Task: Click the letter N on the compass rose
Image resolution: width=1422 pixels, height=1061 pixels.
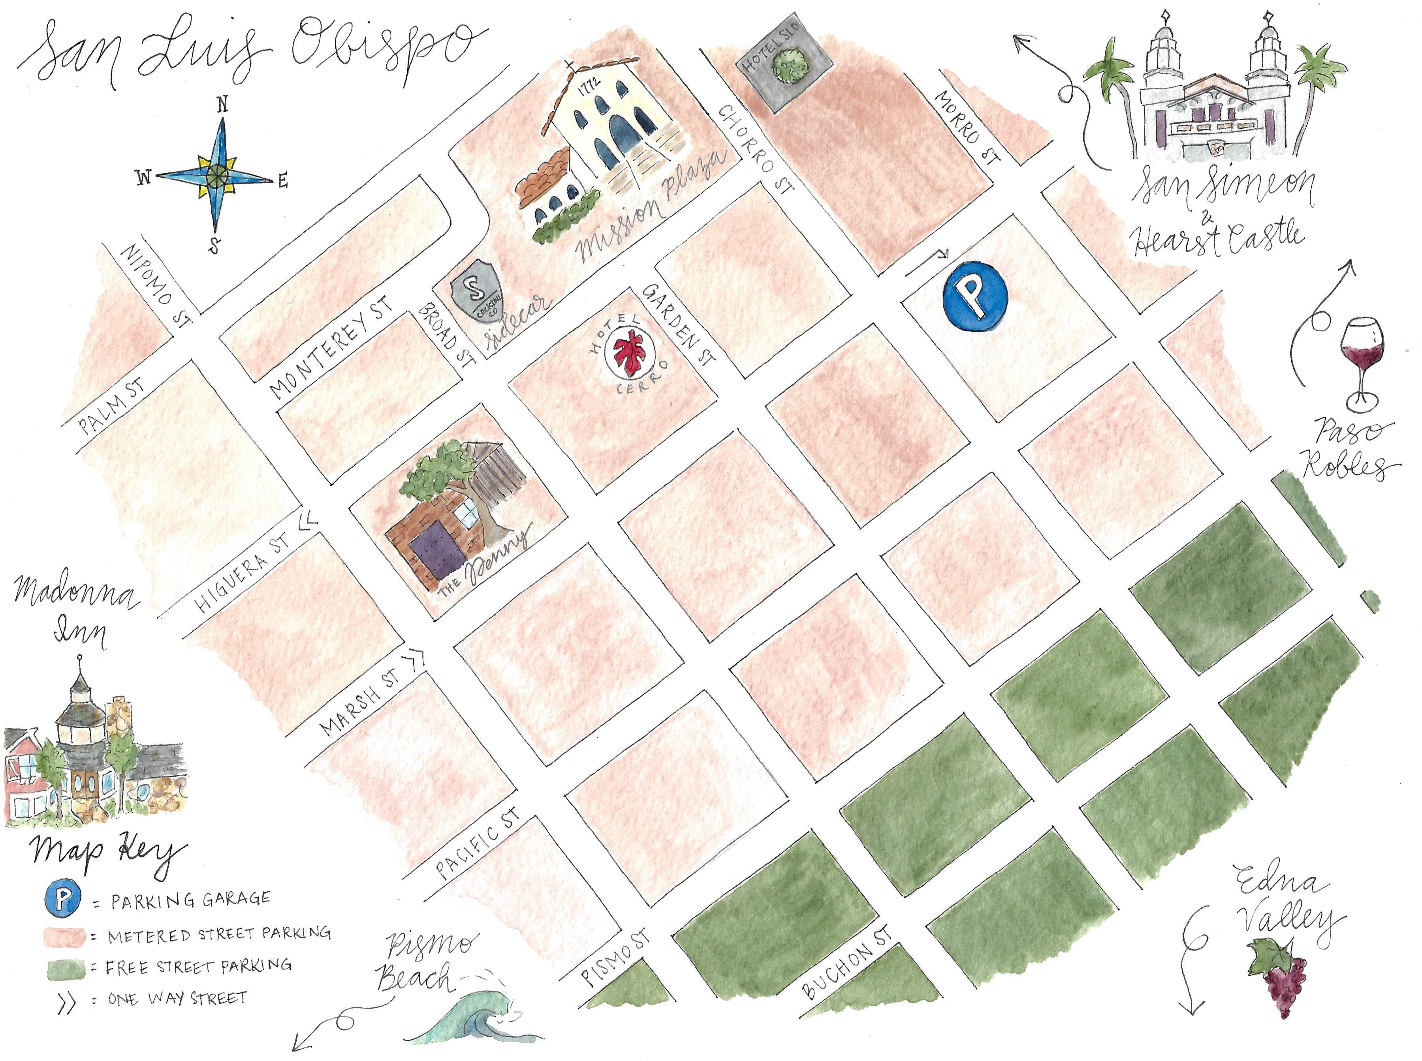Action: click(223, 105)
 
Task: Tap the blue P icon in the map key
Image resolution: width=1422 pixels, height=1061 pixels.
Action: click(62, 899)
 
